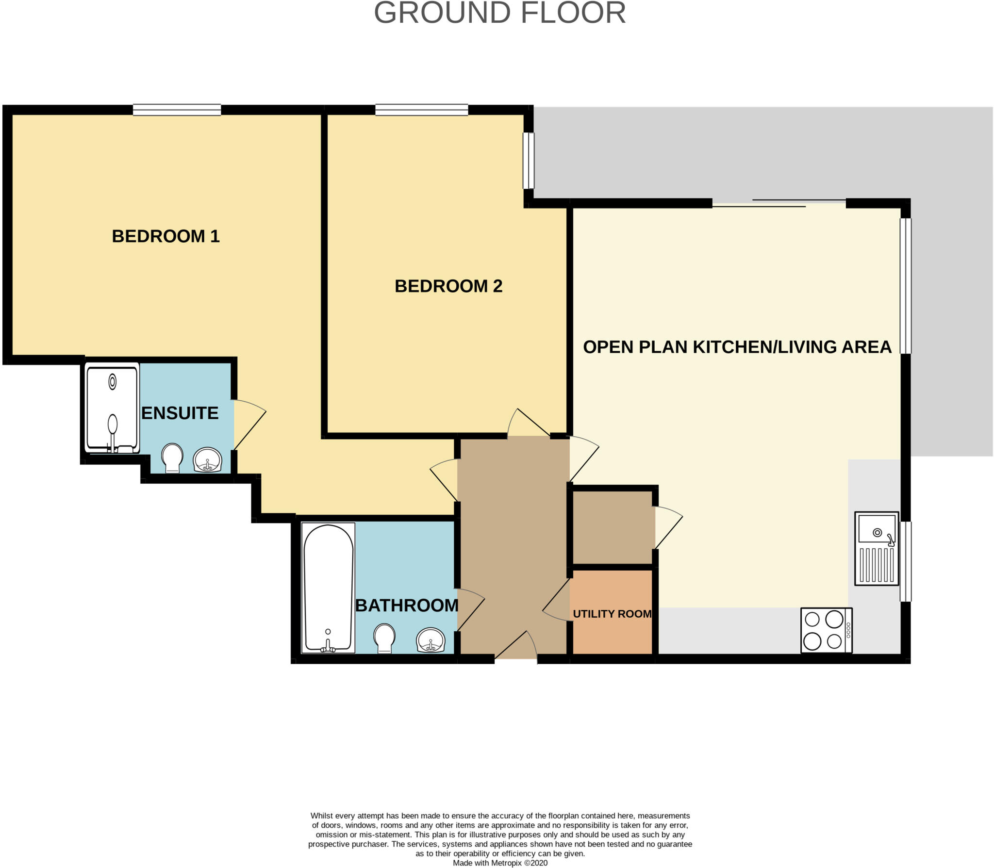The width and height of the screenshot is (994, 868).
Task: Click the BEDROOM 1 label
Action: (x=166, y=236)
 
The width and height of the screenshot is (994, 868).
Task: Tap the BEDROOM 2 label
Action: (x=448, y=286)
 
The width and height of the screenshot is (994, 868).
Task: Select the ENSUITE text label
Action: (x=180, y=413)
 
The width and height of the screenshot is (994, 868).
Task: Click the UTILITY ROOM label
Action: (x=612, y=614)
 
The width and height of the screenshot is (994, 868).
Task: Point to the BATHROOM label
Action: (x=407, y=606)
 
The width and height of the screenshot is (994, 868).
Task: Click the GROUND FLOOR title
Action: (x=499, y=13)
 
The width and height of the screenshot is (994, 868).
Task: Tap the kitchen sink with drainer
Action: (x=877, y=548)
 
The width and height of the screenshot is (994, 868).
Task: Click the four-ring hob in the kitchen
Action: (x=825, y=630)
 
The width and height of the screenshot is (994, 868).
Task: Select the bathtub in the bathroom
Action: (x=328, y=588)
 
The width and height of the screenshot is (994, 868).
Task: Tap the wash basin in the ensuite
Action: (x=208, y=459)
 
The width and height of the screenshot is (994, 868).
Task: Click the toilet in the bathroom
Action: (x=384, y=638)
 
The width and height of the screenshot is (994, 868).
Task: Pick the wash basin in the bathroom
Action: (x=431, y=640)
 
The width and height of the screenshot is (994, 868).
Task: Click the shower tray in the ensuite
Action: (x=112, y=408)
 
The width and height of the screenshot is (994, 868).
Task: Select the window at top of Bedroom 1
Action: (x=177, y=110)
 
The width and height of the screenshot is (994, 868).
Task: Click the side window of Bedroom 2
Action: (x=529, y=161)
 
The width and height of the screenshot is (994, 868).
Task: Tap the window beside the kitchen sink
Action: (x=906, y=561)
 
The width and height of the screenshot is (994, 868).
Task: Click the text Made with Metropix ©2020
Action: (x=500, y=863)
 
